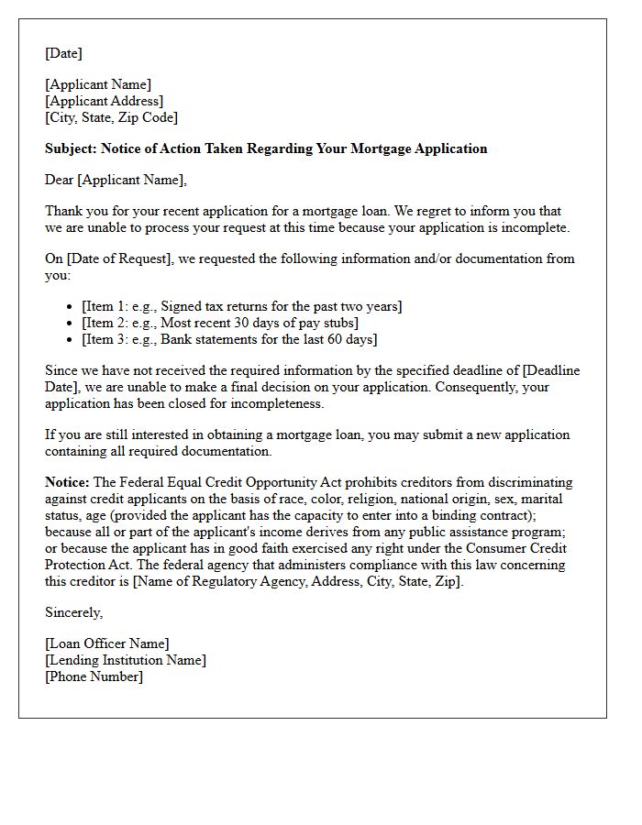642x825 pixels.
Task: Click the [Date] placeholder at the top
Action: (63, 53)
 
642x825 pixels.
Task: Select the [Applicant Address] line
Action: (105, 101)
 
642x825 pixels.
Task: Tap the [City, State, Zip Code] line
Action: (112, 117)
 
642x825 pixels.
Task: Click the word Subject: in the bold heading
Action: (71, 148)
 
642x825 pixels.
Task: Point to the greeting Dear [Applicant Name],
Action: (116, 180)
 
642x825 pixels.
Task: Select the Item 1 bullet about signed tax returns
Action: (242, 306)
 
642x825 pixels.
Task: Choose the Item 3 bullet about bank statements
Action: (229, 339)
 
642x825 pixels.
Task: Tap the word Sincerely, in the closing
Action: (74, 612)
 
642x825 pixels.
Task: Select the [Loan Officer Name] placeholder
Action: (107, 643)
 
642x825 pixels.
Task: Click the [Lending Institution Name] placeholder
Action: (126, 660)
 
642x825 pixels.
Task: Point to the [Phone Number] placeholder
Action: (94, 676)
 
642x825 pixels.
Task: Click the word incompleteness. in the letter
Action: (280, 403)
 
